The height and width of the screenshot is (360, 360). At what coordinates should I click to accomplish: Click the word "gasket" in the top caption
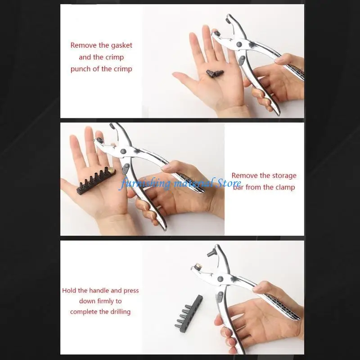pos(121,46)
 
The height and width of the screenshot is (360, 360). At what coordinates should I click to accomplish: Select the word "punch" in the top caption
pos(81,69)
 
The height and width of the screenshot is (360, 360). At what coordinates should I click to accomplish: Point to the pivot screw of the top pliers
pos(239,44)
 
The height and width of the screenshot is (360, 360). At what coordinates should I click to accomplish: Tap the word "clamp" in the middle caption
pos(285,187)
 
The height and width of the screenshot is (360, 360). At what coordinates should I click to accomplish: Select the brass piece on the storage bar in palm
pos(112,170)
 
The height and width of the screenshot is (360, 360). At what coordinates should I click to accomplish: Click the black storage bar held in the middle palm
pos(96,181)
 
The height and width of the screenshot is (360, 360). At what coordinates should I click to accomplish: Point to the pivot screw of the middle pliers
pos(123,151)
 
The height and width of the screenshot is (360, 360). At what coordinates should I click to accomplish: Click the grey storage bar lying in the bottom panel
pos(189,311)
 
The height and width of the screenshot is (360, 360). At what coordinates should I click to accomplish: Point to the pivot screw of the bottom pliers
pos(220,279)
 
